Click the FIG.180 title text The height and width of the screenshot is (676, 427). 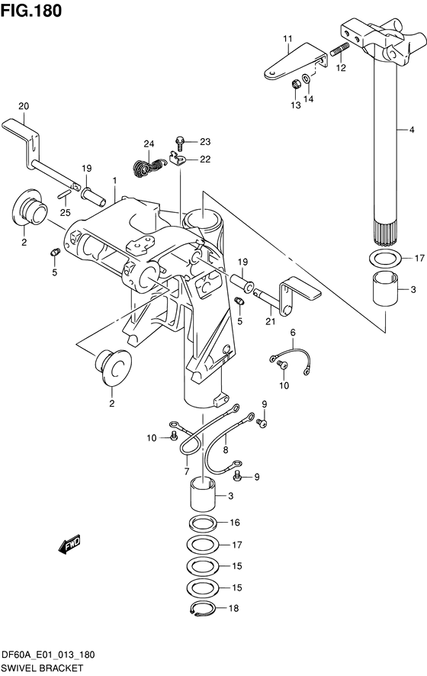pos(31,11)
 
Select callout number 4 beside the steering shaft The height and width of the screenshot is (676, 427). pos(412,130)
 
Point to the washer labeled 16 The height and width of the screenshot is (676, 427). pos(203,523)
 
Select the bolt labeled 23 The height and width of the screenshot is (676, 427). pos(180,143)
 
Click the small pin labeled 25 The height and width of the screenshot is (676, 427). pos(63,194)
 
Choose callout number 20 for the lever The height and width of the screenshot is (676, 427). pos(24,106)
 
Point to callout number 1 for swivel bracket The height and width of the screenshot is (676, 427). pos(114,180)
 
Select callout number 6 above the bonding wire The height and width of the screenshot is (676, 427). pos(293,332)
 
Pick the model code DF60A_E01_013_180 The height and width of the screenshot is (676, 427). pos(48,655)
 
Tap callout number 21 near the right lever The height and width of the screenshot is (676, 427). pos(270,322)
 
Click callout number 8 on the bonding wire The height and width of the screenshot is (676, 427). pos(226,450)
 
